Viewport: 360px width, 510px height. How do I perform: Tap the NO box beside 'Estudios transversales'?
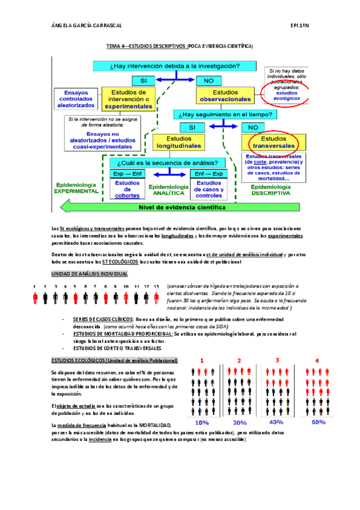coord(252,127)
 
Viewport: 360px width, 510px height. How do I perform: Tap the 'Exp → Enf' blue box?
coord(127,174)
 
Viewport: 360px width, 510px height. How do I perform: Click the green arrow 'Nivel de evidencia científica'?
coord(180,207)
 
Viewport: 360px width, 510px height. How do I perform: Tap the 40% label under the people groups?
coord(276,422)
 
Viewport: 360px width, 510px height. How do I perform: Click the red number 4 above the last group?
coord(317,360)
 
